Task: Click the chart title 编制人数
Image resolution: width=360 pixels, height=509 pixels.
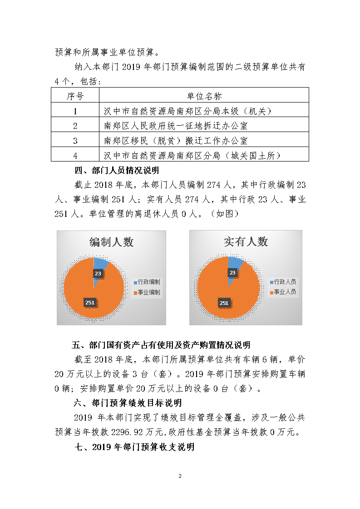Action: point(111,242)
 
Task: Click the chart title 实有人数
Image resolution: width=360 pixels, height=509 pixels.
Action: point(246,242)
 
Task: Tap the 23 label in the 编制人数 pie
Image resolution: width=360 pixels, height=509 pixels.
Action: point(98,273)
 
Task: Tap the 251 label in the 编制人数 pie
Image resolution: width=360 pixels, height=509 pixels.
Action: point(90,303)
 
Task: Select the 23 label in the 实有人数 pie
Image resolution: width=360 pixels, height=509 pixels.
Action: point(232,273)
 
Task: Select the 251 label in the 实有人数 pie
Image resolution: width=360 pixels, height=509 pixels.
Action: point(224,303)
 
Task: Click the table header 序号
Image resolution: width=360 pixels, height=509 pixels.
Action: point(75,96)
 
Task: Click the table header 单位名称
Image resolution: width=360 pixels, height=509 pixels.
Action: point(204,96)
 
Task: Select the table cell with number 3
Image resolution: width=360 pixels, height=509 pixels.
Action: point(75,141)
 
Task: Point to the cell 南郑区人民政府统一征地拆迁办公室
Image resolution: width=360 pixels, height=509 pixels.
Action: point(176,126)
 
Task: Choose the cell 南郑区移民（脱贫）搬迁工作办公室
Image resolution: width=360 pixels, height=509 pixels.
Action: point(176,141)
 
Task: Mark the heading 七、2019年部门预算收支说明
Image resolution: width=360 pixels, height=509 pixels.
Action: point(134,447)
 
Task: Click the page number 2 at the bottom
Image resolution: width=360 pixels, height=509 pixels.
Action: point(180,476)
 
